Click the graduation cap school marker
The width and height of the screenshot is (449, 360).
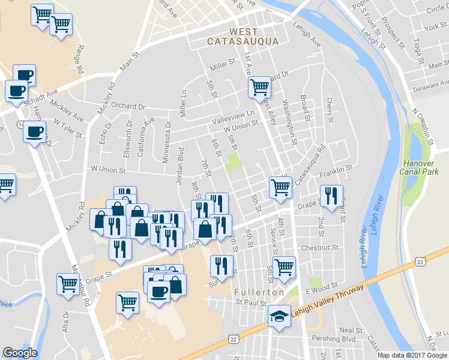(279, 316)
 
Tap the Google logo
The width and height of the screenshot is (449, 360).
(20, 353)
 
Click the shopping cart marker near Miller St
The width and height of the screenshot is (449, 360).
(260, 88)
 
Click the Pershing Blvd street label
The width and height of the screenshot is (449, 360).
(339, 339)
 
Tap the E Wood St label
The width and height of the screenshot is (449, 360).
(322, 289)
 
